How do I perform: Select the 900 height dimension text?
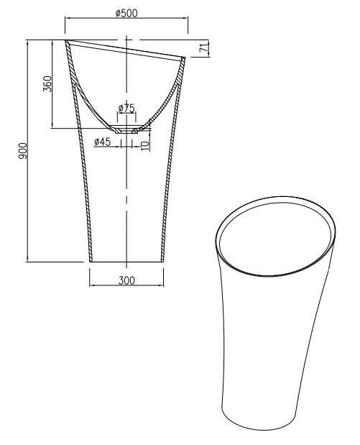pyautogui.click(x=22, y=150)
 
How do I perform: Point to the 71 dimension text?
pyautogui.click(x=205, y=48)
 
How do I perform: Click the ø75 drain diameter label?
pyautogui.click(x=127, y=109)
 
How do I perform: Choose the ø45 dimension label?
pyautogui.click(x=102, y=142)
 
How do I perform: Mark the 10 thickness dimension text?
pyautogui.click(x=145, y=144)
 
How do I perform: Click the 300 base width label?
pyautogui.click(x=126, y=280)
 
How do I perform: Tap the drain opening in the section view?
pyautogui.click(x=127, y=132)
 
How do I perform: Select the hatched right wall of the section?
pyautogui.click(x=170, y=180)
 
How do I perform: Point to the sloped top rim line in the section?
pyautogui.click(x=126, y=50)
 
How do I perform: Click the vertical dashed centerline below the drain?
pyautogui.click(x=126, y=201)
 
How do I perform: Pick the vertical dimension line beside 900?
pyautogui.click(x=29, y=150)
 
